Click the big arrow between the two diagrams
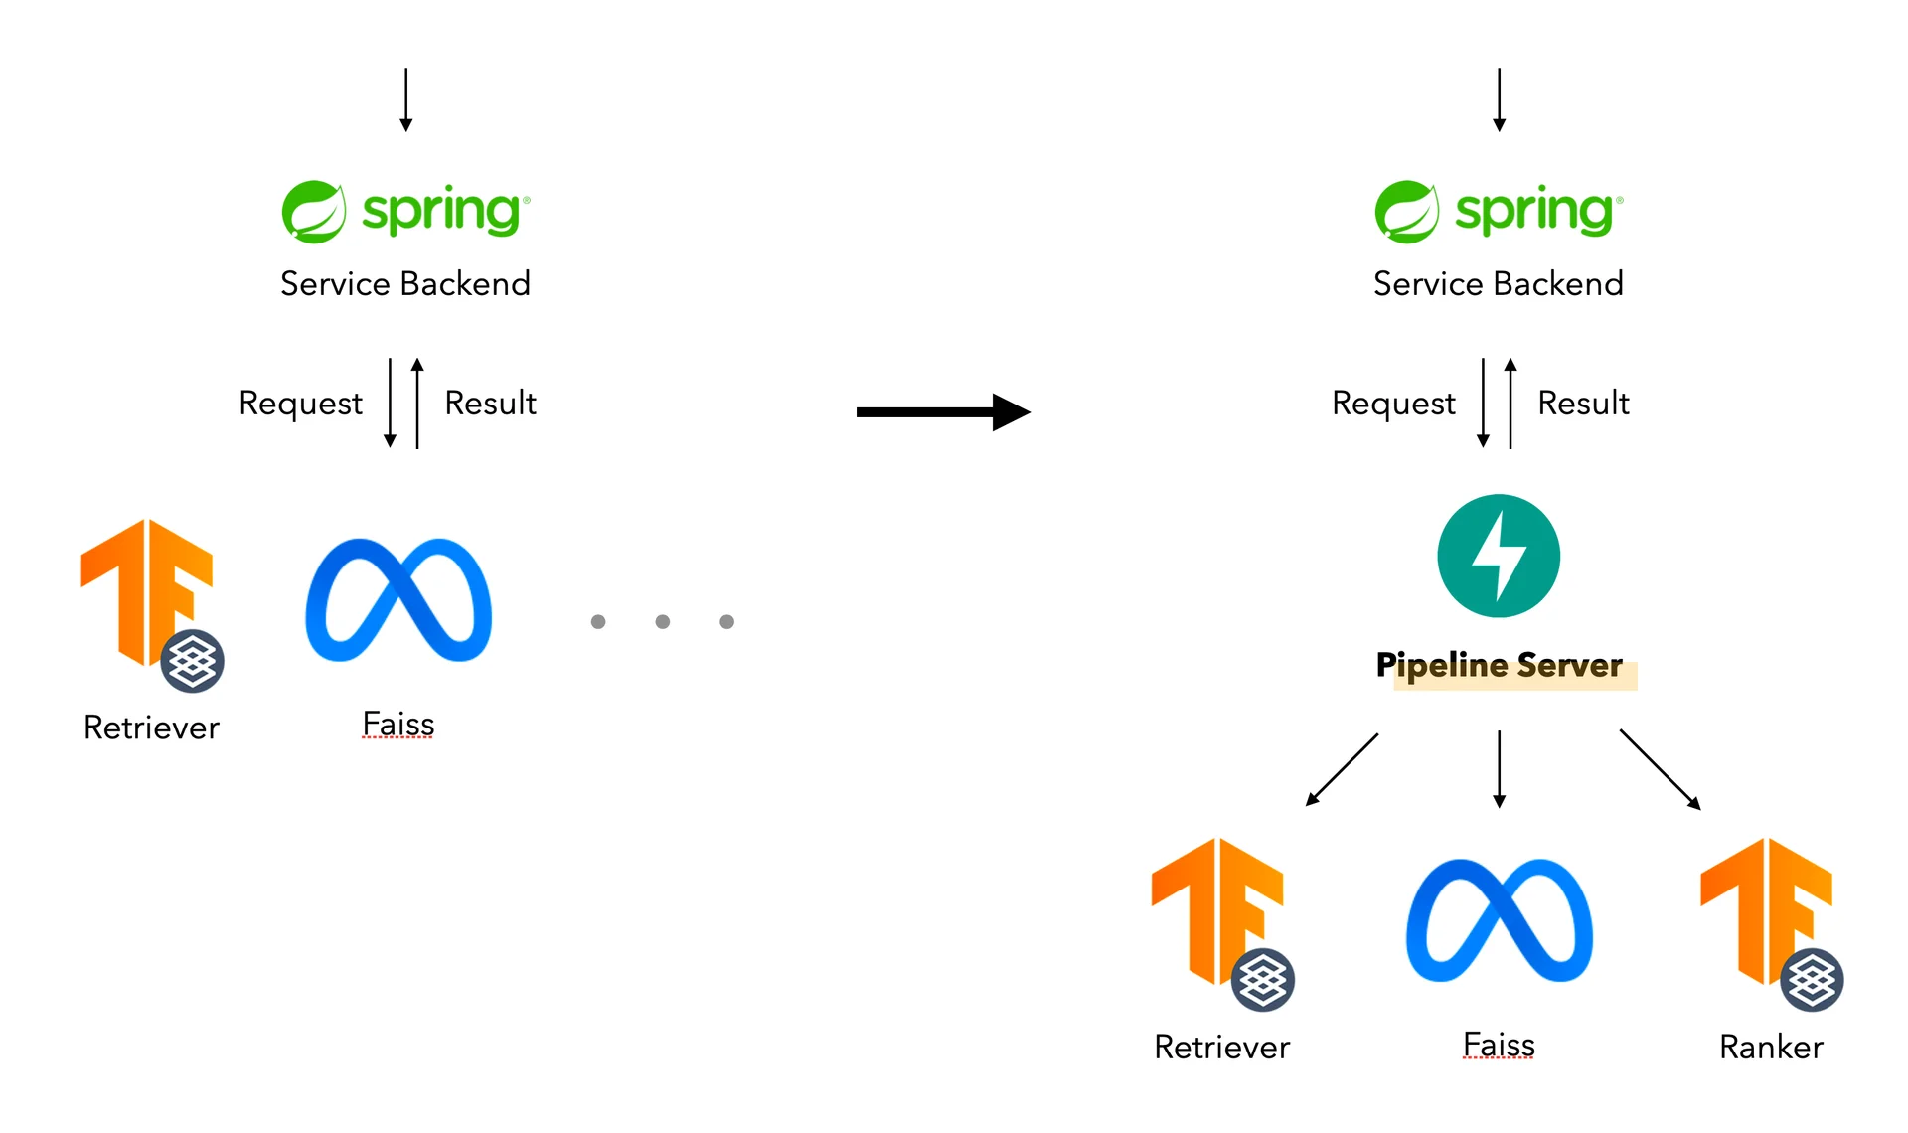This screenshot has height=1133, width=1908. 942,411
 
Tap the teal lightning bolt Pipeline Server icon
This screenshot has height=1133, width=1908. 1499,556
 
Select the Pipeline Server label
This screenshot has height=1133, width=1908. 1499,665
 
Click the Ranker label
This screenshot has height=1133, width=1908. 1771,1047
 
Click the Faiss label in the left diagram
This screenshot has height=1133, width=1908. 398,724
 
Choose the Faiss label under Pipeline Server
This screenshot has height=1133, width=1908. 1499,1045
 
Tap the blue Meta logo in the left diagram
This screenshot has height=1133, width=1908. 398,600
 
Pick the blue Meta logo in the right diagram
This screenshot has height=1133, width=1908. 1499,920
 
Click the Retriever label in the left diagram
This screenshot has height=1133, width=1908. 151,728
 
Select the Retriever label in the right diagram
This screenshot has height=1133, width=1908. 1221,1047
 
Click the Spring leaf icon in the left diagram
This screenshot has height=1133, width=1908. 313,212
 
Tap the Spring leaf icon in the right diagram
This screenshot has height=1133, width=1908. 1406,212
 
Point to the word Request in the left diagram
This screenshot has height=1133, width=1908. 300,403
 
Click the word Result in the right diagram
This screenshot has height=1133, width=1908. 1583,403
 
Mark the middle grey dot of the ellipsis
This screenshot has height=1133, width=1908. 663,621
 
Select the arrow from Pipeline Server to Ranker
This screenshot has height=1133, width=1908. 1660,769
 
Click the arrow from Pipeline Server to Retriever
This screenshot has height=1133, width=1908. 1342,769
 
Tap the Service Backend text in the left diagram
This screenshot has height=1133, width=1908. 404,283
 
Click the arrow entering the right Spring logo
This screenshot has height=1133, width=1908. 1499,99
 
